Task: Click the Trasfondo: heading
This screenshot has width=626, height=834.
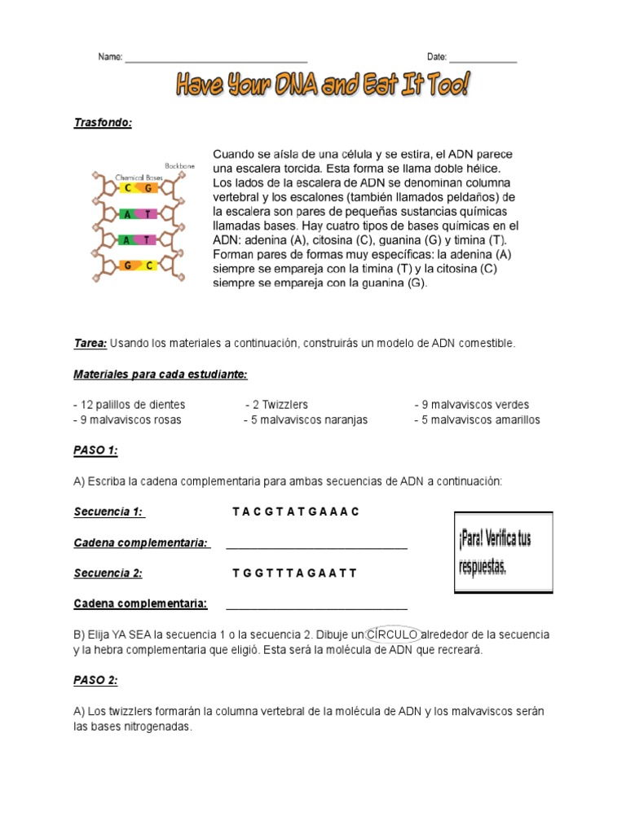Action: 103,122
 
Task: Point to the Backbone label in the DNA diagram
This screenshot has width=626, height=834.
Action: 179,165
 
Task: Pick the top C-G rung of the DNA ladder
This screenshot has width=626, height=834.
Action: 138,188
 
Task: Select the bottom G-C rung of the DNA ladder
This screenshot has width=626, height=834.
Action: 138,266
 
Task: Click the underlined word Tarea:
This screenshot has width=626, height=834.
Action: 90,344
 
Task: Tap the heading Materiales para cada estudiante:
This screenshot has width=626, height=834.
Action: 160,374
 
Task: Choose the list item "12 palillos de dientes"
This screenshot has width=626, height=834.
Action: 130,405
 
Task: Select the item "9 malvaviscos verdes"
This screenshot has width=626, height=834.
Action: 472,405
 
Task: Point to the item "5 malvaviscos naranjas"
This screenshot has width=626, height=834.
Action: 306,420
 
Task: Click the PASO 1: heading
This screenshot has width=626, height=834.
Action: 95,450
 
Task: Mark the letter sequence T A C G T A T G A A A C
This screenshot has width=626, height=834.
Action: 295,512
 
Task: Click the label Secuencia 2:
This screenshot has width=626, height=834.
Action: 108,573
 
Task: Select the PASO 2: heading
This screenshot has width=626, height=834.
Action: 95,680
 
